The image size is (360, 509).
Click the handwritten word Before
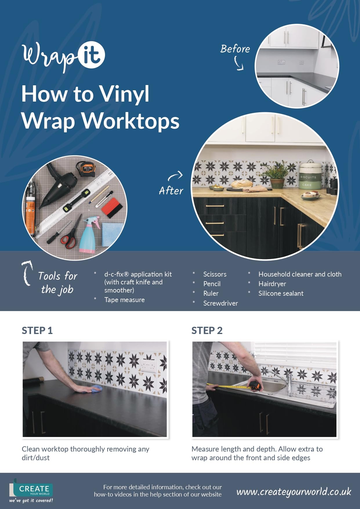235,49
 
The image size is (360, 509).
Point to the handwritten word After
171,191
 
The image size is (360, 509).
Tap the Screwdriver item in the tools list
220,303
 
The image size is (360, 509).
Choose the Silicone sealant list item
281,293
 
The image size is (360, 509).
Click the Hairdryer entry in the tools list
272,284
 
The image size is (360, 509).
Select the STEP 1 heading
37,331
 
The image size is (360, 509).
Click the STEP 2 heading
207,331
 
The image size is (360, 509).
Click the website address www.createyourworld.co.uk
294,492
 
